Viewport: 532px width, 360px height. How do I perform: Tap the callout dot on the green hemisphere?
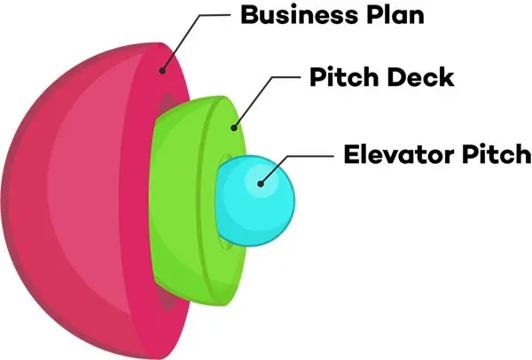(234, 127)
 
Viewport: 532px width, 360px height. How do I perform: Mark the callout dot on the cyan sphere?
(260, 184)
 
